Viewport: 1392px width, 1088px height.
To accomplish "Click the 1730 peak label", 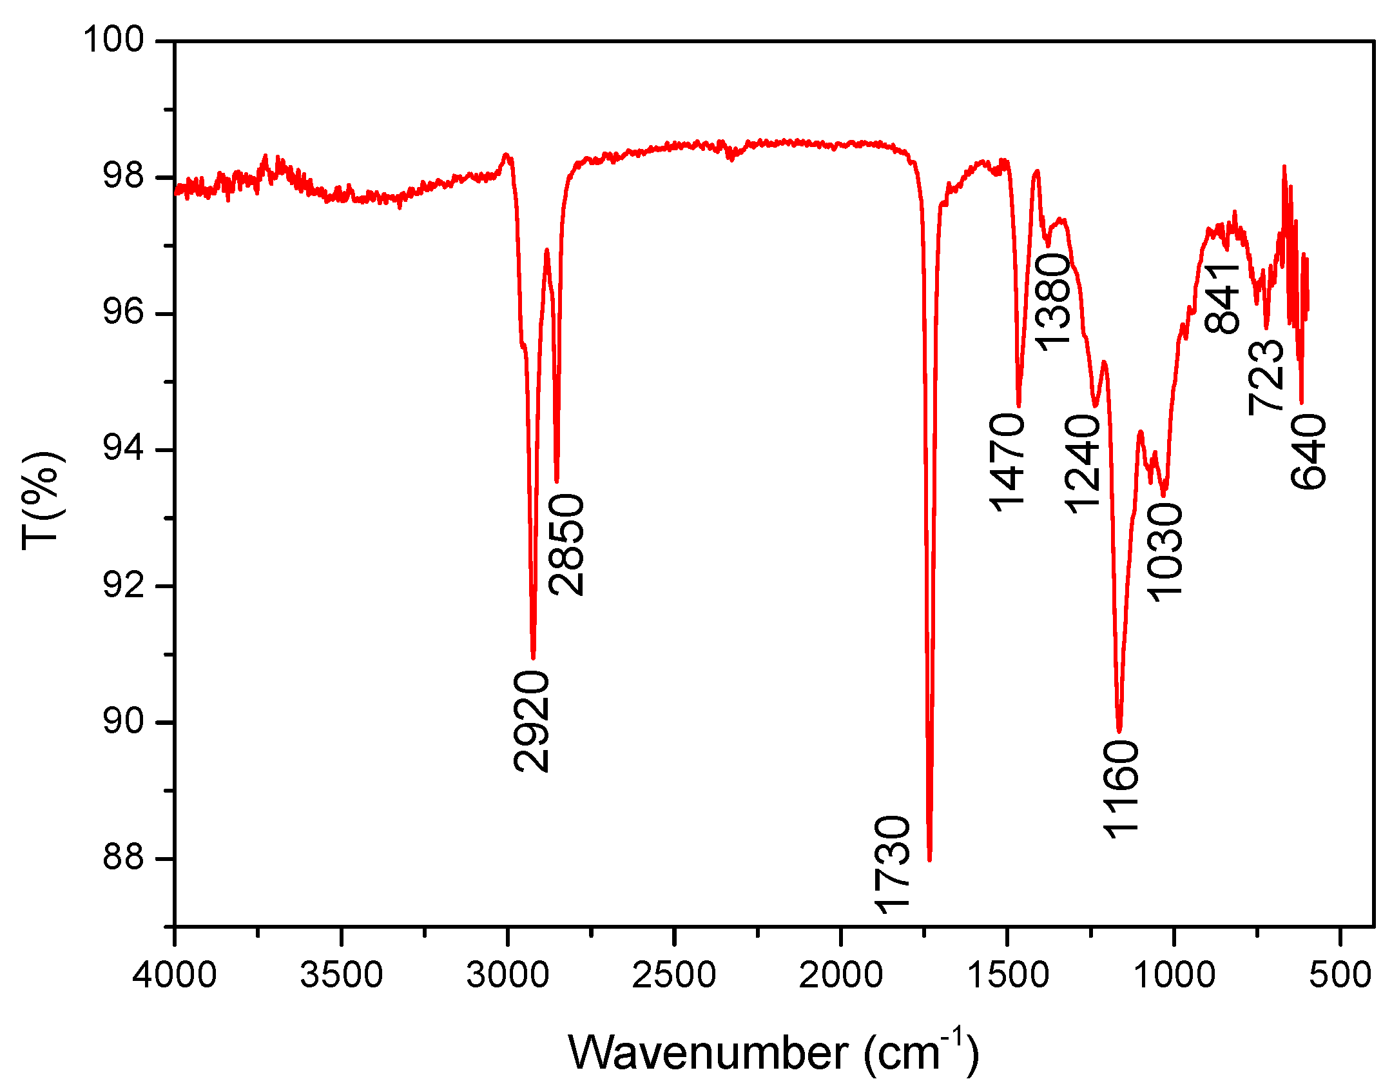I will point(893,864).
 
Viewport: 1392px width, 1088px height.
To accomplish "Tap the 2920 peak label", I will point(532,721).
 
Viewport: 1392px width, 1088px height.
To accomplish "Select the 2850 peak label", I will point(567,544).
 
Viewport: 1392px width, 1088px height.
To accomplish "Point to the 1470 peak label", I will point(1007,463).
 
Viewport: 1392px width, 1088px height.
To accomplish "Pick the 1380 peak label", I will point(1053,302).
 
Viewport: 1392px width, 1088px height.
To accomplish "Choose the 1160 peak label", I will point(1121,789).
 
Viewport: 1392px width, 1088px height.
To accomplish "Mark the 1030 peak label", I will point(1165,553).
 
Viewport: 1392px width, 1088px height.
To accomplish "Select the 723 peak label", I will point(1267,377).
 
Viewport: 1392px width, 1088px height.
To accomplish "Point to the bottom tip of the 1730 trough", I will point(929,859).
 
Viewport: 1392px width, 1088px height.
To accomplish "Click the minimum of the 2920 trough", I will point(533,657).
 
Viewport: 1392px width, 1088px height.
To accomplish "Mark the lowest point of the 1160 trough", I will point(1119,731).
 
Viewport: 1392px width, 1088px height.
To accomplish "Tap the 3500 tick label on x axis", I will point(342,974).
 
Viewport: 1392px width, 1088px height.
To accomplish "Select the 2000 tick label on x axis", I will point(840,974).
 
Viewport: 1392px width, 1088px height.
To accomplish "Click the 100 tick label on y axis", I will point(113,40).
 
